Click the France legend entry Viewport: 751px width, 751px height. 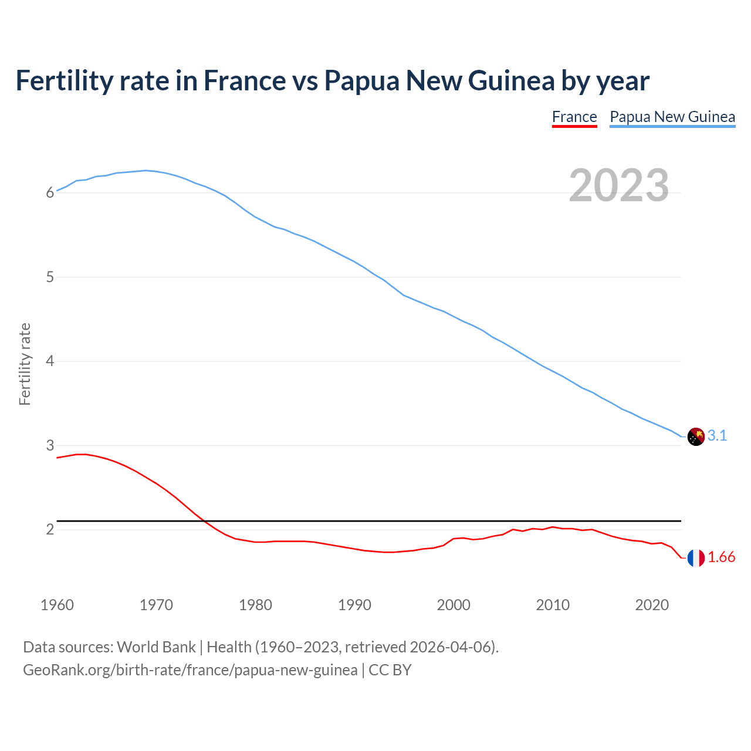574,117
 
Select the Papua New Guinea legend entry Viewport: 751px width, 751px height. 672,117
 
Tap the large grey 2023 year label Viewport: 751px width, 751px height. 619,185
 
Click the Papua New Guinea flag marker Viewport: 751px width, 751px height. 696,437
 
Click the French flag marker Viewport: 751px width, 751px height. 696,558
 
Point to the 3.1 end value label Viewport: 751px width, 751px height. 717,435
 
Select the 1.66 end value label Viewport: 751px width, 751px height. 721,557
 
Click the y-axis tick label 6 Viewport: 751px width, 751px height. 50,192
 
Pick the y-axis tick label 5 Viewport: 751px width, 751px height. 50,277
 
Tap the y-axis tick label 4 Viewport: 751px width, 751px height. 50,361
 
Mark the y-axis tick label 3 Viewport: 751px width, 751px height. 50,445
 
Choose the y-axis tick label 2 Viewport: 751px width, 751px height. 50,529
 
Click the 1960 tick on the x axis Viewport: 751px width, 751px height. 57,605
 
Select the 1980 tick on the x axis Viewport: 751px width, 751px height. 255,605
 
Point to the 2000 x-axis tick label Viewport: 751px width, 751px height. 454,605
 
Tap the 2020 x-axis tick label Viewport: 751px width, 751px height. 652,605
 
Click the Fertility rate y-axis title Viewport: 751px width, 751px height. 25,364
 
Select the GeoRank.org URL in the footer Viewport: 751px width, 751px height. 190,670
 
